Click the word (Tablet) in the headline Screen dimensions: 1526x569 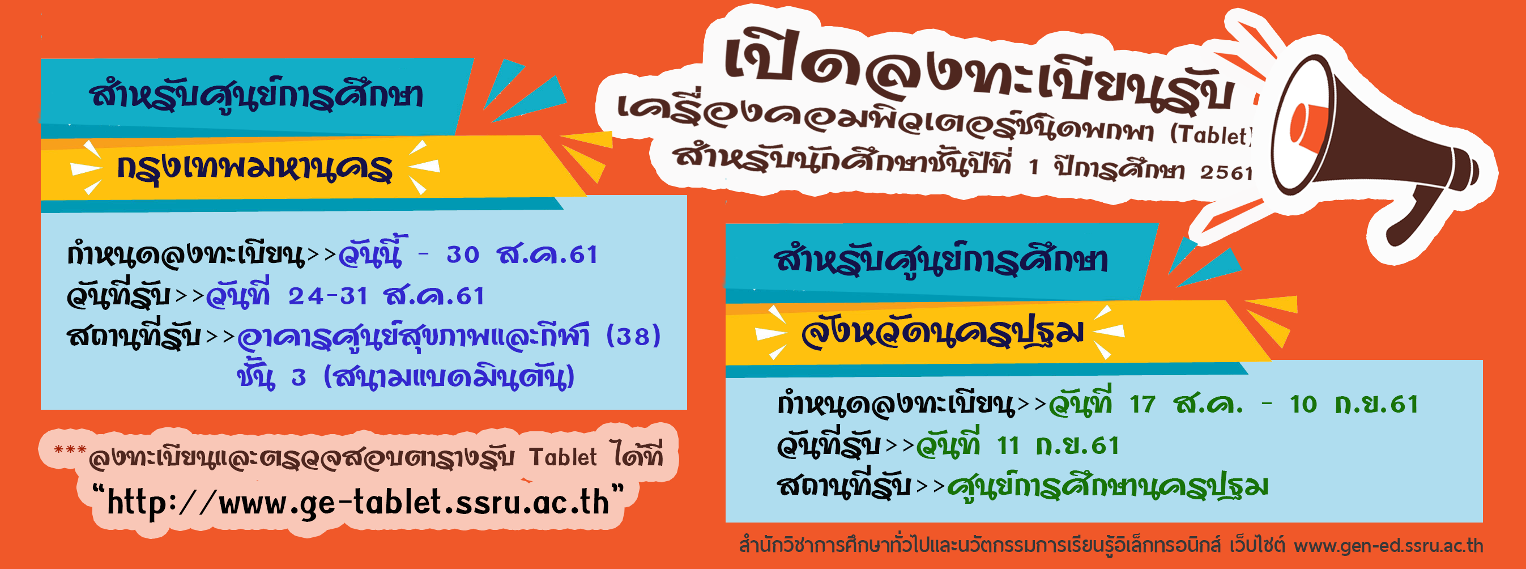(1211, 135)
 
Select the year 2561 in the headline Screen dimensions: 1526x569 (1226, 172)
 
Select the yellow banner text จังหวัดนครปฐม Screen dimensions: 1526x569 (942, 333)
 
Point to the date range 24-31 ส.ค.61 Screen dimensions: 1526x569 (386, 295)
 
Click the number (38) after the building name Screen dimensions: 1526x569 (633, 336)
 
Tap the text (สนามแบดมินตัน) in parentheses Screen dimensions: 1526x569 (449, 377)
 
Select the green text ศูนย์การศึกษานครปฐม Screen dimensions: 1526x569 (1108, 486)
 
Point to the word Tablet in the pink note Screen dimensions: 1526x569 (563, 457)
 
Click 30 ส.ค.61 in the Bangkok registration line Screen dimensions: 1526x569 (522, 254)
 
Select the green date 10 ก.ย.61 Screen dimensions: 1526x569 (1354, 404)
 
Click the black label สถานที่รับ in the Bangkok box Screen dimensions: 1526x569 (134, 336)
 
